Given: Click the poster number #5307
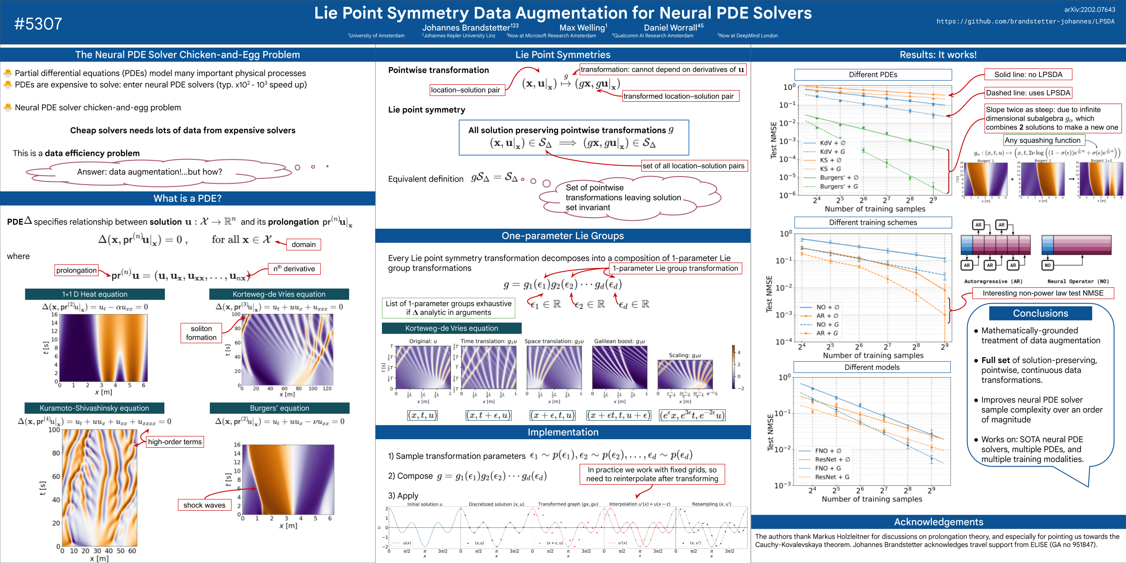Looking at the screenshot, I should [38, 24].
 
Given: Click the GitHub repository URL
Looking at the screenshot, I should [1026, 21].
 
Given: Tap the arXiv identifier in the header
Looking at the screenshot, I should [1090, 9].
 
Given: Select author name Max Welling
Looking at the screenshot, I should [583, 28].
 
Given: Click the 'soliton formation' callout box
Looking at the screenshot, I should [201, 333].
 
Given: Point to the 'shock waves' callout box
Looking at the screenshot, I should [204, 505].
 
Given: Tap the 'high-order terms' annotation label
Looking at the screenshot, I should [175, 442].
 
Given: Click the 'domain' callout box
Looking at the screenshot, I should [304, 245].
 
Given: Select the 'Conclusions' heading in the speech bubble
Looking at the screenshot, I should [1040, 313].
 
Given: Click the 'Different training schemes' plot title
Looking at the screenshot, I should [873, 222].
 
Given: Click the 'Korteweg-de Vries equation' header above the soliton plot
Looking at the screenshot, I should [279, 294].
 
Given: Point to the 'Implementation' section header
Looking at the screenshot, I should [563, 432].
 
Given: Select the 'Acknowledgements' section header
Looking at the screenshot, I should [939, 522].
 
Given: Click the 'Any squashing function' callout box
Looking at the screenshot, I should [1042, 141].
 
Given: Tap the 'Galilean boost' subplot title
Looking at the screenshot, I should [619, 341].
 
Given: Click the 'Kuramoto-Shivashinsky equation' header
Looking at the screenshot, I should [94, 408].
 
